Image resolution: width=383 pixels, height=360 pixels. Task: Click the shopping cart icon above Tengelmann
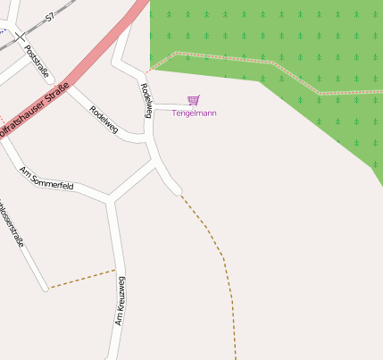click(194, 100)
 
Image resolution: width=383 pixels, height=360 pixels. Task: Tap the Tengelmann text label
click(194, 113)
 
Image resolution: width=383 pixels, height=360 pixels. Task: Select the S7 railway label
click(50, 15)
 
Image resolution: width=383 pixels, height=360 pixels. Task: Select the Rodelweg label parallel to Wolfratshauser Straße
click(104, 115)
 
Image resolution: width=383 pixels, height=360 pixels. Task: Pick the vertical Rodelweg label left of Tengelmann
click(146, 97)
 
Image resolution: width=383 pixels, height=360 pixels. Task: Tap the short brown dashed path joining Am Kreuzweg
click(80, 279)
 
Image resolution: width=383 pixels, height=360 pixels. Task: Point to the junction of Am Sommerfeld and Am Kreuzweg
click(110, 197)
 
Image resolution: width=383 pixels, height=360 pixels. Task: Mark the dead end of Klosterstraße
click(44, 288)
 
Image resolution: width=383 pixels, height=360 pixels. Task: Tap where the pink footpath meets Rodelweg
click(147, 70)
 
